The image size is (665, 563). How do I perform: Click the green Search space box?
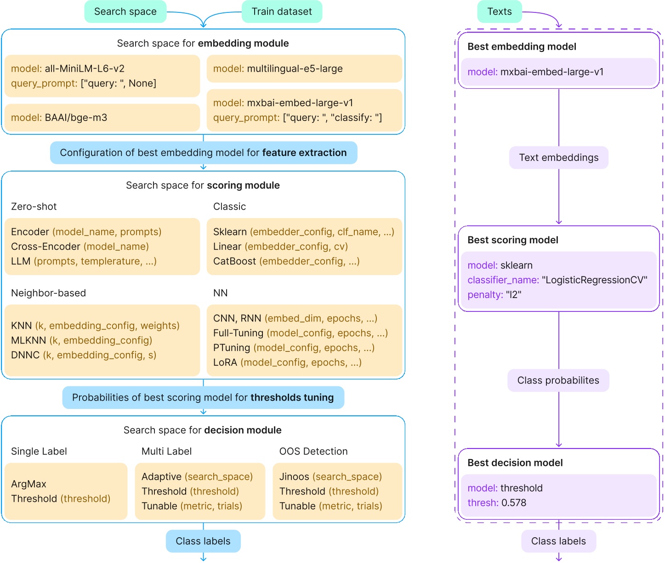(125, 11)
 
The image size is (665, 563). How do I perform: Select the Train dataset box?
(281, 11)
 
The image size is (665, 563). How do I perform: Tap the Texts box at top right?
(499, 11)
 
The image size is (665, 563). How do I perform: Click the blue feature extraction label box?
(203, 153)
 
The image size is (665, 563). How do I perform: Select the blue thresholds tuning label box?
(203, 397)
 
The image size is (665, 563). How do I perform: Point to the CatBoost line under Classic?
(286, 261)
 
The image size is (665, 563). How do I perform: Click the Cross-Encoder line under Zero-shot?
(80, 247)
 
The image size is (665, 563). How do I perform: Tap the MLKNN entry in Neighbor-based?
(81, 340)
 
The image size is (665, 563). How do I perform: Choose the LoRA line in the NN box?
(287, 362)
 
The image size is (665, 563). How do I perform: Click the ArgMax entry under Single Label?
(28, 484)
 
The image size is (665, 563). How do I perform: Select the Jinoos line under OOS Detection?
(330, 477)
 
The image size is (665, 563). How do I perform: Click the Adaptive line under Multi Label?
(197, 477)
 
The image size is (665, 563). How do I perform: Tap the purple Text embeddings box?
(558, 158)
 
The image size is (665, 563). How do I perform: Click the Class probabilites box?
(558, 380)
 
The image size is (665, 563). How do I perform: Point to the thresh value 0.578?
(514, 503)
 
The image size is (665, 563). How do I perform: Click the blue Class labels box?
(203, 541)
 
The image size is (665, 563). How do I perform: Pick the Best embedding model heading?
(522, 46)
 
